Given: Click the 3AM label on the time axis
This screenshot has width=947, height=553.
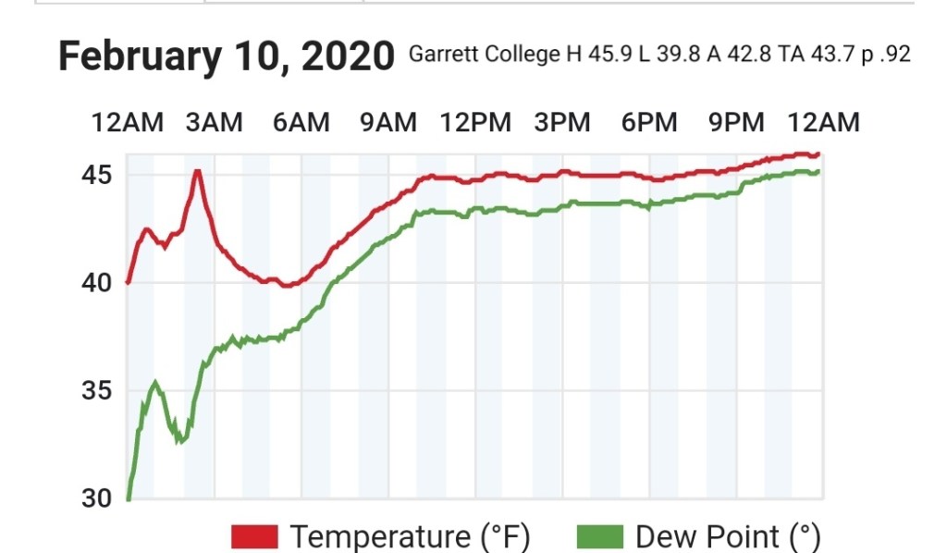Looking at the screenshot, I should pos(214,123).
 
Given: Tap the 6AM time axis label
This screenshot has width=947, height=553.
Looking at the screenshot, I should pos(301,123).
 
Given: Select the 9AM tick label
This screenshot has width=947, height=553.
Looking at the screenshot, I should pos(388,123).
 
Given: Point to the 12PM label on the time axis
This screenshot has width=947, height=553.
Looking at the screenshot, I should pos(475,123).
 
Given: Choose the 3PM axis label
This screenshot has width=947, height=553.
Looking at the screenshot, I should pos(562,123).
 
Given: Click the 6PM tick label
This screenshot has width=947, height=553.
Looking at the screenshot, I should pos(649,123).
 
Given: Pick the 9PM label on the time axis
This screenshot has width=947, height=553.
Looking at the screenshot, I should pos(736,123).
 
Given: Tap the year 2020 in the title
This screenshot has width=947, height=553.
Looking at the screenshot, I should pos(347,57).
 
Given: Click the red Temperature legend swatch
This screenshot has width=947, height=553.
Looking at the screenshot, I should pos(254,535).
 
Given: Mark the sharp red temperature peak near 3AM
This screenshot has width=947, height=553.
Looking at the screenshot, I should pos(197,171).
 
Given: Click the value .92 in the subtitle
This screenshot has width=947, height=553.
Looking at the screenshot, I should pos(894,55).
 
